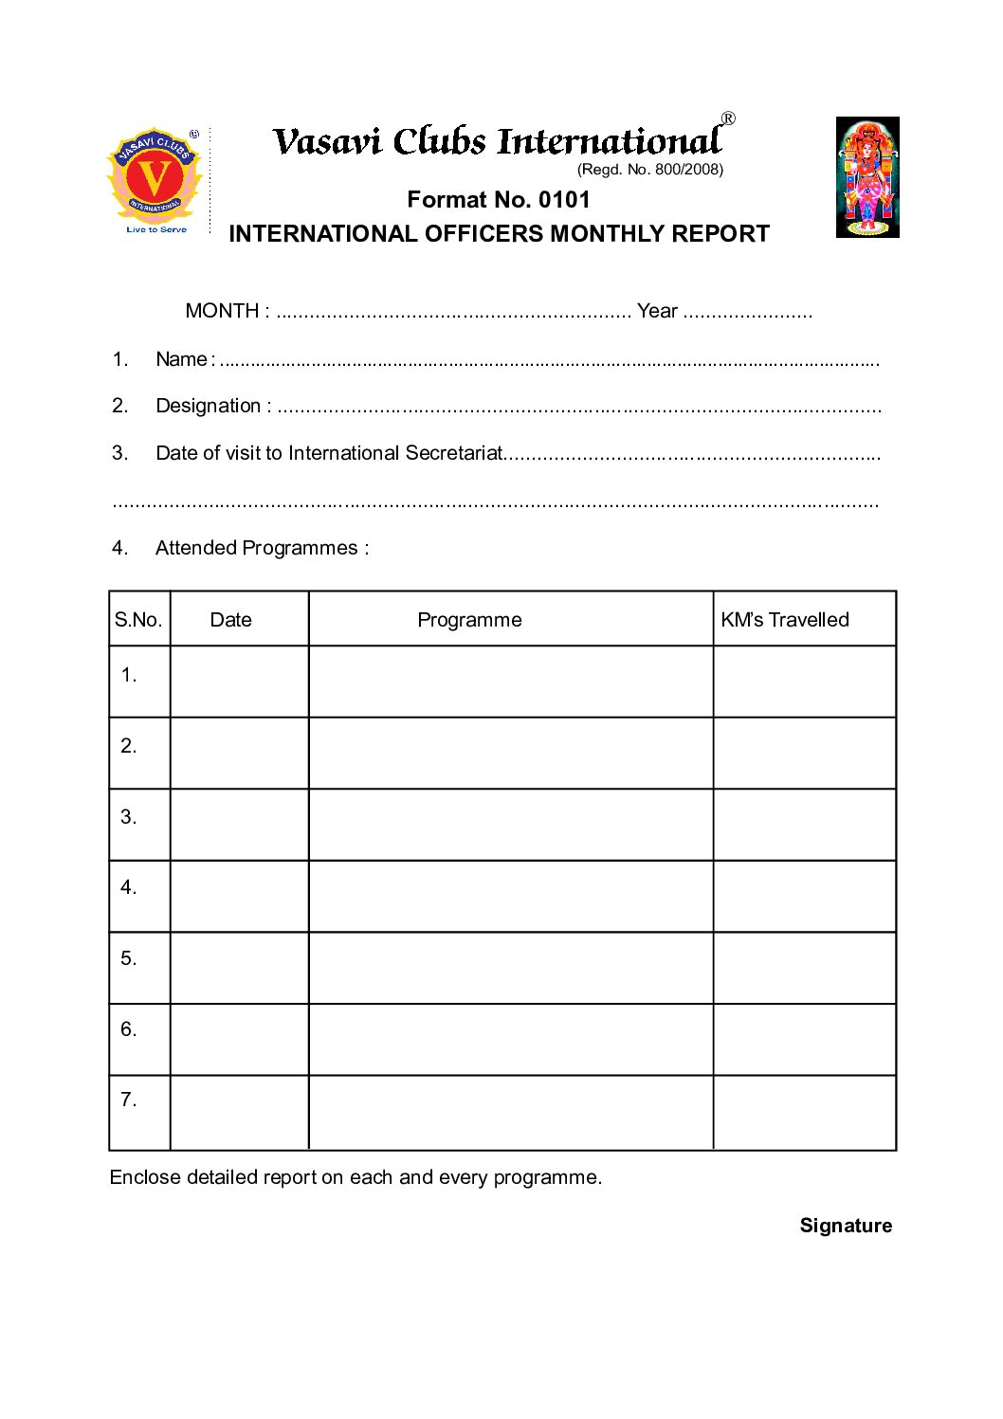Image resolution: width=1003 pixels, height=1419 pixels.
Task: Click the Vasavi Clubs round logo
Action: [x=155, y=178]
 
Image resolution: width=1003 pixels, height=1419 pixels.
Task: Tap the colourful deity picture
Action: [x=866, y=177]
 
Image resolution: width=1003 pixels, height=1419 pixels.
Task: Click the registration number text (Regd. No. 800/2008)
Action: [x=649, y=170]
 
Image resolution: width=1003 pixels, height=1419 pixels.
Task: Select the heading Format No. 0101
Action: [x=499, y=200]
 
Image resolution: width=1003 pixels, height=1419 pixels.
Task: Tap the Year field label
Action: [x=657, y=311]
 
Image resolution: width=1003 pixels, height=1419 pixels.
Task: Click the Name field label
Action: [x=181, y=359]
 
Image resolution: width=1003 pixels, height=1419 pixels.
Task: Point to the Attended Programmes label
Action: [x=262, y=548]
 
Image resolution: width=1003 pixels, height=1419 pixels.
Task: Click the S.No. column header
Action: [x=138, y=620]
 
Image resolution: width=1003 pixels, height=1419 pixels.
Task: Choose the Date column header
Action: [x=230, y=620]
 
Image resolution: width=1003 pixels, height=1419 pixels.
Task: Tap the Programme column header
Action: [x=469, y=620]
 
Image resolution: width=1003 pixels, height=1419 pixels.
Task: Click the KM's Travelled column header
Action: [x=784, y=620]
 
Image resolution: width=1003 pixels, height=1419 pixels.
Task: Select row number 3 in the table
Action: [x=129, y=817]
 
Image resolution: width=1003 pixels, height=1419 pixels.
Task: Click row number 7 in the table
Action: [x=129, y=1100]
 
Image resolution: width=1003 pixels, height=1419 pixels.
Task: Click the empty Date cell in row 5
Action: [x=239, y=968]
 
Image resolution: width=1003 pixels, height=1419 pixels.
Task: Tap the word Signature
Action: [x=846, y=1226]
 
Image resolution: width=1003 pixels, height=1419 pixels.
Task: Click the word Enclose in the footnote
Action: [x=144, y=1177]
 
